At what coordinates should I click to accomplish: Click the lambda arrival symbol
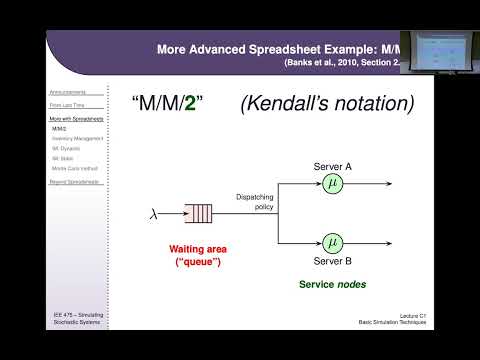[153, 212]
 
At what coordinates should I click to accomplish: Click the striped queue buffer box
[198, 212]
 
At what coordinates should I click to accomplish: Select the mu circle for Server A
[332, 183]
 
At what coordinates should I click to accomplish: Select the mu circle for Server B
[332, 241]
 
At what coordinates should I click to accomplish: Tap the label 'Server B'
[332, 262]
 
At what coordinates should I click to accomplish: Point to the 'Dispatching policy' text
[257, 202]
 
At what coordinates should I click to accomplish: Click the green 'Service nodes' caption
[332, 284]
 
